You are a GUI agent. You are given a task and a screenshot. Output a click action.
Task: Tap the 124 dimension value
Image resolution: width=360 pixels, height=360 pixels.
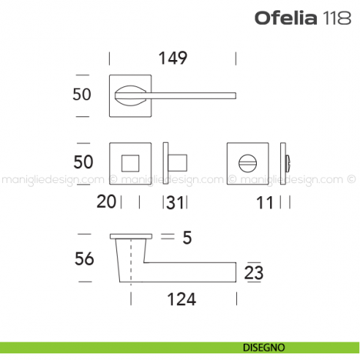coord(181,299)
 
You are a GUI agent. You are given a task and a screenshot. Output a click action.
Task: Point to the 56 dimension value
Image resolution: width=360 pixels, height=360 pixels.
coord(83,259)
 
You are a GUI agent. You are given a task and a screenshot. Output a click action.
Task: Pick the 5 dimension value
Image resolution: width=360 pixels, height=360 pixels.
coord(187,237)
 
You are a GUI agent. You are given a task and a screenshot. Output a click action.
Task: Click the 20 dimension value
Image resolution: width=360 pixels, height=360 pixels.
coord(106,202)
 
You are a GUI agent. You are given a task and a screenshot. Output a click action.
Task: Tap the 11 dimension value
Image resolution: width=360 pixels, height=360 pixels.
coord(265,202)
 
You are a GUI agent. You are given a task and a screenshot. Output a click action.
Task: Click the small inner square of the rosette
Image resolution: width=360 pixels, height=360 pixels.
coord(131,163)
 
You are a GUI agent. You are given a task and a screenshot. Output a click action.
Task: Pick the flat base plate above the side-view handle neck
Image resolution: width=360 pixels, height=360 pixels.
coord(131,236)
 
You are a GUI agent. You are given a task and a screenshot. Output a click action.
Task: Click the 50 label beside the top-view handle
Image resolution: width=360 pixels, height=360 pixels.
coord(83,94)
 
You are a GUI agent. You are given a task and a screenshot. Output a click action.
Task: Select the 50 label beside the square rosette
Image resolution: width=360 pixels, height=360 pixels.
coord(83,162)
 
